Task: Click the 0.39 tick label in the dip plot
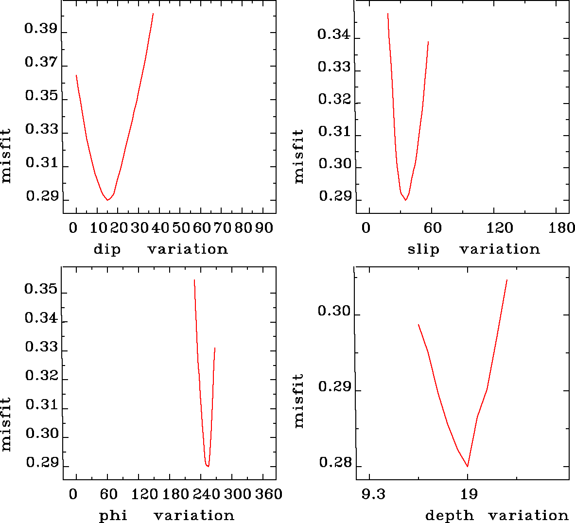point(41,30)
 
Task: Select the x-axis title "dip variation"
point(160,249)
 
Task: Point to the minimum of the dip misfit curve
point(107,200)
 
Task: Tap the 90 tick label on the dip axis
point(263,228)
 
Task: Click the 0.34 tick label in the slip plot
point(334,35)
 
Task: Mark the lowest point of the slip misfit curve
point(405,200)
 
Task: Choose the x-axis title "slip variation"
point(473,249)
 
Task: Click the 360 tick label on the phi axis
point(269,494)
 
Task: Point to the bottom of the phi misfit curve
point(208,466)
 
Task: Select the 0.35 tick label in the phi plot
point(41,290)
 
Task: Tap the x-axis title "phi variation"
point(166,515)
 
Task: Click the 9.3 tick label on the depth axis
point(374,495)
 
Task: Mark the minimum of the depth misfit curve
point(468,466)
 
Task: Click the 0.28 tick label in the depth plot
point(335,463)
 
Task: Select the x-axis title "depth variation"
point(497,515)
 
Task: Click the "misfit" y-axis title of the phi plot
point(6,424)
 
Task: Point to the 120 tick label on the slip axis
point(500,228)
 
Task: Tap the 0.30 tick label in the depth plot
point(334,311)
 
